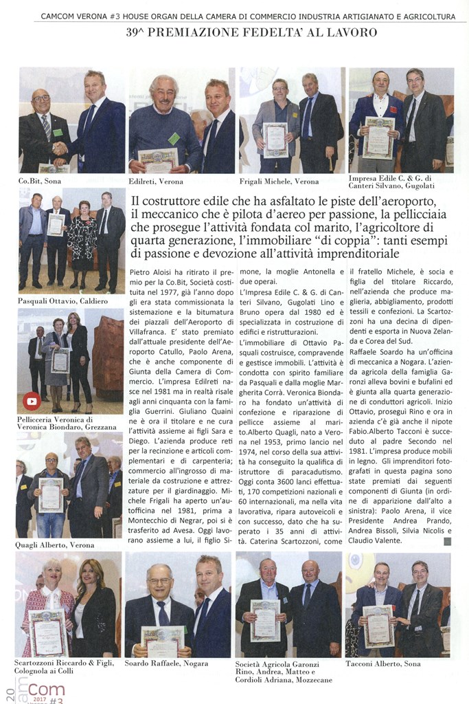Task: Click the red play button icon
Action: (32, 401)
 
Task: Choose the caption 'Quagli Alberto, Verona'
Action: (55, 545)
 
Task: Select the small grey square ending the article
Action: (447, 541)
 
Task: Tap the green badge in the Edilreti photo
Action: (174, 138)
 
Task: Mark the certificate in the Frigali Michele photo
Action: (275, 140)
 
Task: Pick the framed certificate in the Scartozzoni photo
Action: (48, 632)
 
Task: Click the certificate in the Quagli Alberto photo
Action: (50, 494)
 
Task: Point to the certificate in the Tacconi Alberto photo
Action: (378, 626)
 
